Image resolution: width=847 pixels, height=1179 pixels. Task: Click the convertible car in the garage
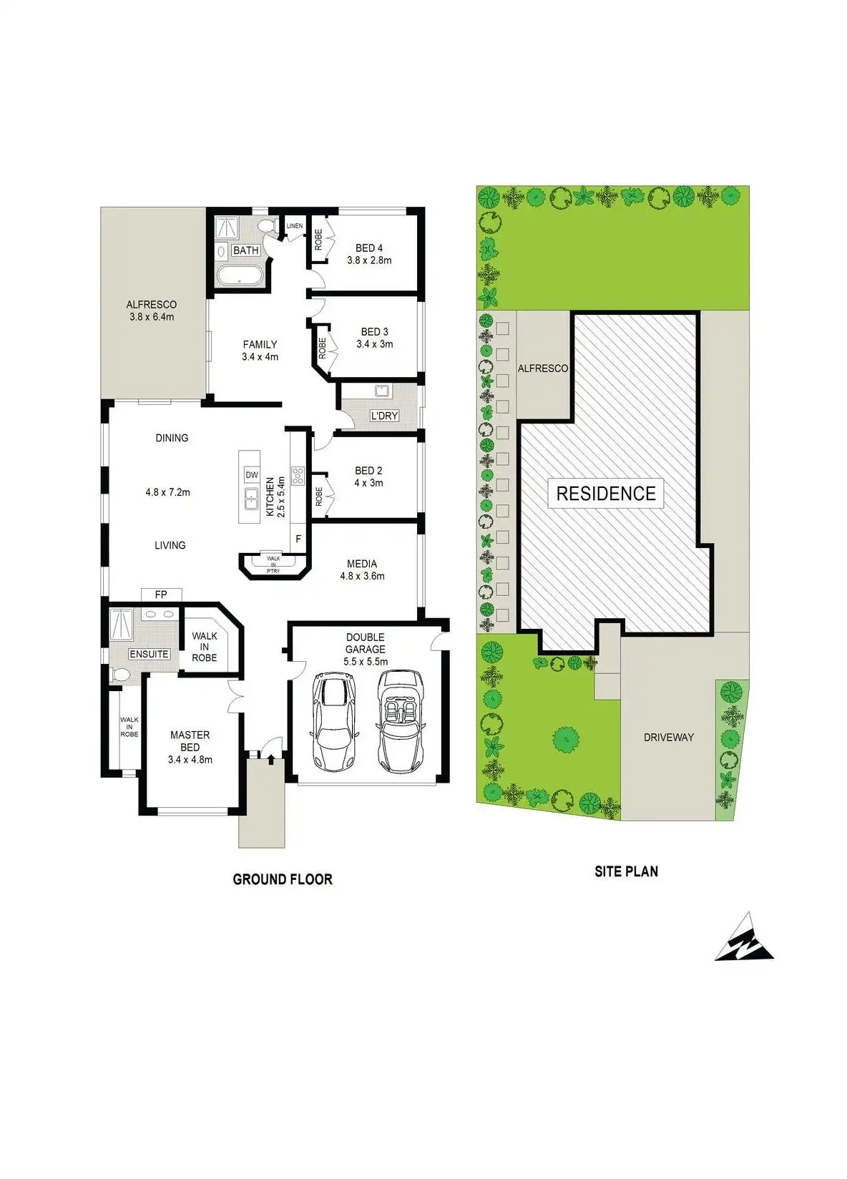coord(401,721)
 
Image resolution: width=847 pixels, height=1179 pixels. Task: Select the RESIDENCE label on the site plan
coord(606,494)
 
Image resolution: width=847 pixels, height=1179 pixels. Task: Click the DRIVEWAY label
coord(668,737)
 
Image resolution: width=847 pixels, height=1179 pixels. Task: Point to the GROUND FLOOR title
coord(283,879)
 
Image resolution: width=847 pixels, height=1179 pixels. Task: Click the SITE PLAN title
coord(626,871)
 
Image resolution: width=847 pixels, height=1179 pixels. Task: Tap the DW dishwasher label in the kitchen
coord(252,475)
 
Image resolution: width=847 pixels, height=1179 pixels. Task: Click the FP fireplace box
coord(161,595)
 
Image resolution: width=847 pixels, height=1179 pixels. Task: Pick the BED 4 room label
coord(369,248)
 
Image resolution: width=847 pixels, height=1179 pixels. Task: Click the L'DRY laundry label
coord(384,416)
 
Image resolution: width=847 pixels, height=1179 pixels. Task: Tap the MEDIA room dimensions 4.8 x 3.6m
coord(362,576)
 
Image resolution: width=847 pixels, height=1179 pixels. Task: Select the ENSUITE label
coord(150,654)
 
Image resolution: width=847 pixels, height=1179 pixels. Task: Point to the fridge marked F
coord(298,539)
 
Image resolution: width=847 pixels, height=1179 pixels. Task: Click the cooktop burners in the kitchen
coord(298,476)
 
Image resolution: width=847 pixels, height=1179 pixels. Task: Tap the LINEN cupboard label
coord(295,226)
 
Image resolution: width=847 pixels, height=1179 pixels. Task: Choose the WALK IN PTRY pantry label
coord(274,564)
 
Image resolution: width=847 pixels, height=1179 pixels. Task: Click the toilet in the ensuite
coord(119,675)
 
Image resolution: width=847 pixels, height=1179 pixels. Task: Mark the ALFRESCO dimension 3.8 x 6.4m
coord(151,317)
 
